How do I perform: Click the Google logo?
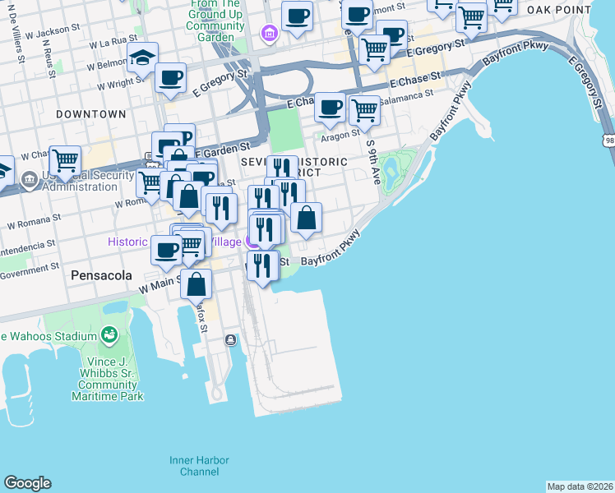pyautogui.click(x=27, y=483)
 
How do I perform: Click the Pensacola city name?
pyautogui.click(x=101, y=275)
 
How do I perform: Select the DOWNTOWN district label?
pyautogui.click(x=91, y=114)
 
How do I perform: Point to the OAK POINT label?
pyautogui.click(x=560, y=10)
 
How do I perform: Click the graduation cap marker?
pyautogui.click(x=143, y=59)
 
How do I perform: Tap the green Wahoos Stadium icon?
pyautogui.click(x=109, y=334)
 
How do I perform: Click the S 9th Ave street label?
pyautogui.click(x=374, y=162)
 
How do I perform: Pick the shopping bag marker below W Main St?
pyautogui.click(x=197, y=285)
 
